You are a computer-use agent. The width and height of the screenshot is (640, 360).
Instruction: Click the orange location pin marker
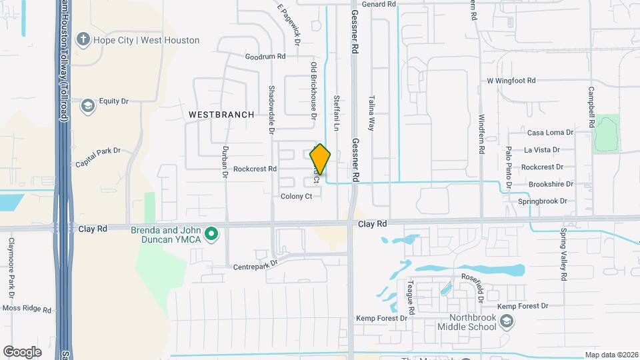point(321,160)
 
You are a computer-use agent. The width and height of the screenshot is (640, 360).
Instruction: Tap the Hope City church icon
point(83,39)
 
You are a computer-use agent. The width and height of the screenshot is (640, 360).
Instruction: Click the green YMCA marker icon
point(211,233)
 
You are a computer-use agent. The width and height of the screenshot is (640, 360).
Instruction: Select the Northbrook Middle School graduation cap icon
point(507,323)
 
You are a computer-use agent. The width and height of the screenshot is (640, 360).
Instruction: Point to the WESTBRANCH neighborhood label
point(221,115)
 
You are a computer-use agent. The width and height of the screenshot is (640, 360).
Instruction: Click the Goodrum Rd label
point(265,57)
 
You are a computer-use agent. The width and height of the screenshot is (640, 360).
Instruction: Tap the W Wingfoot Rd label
point(511,81)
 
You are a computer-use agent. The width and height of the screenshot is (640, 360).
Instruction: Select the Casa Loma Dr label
point(550,133)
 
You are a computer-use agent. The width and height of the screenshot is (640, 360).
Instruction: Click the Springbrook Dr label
point(542,201)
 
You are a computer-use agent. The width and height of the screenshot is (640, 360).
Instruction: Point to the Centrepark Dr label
point(255,267)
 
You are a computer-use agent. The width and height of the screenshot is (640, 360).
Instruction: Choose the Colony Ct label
point(296,196)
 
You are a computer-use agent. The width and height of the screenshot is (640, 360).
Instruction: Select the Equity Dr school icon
point(87,105)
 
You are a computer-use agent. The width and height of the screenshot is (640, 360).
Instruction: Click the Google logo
point(22,351)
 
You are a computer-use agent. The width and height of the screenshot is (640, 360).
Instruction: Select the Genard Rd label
point(379,4)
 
